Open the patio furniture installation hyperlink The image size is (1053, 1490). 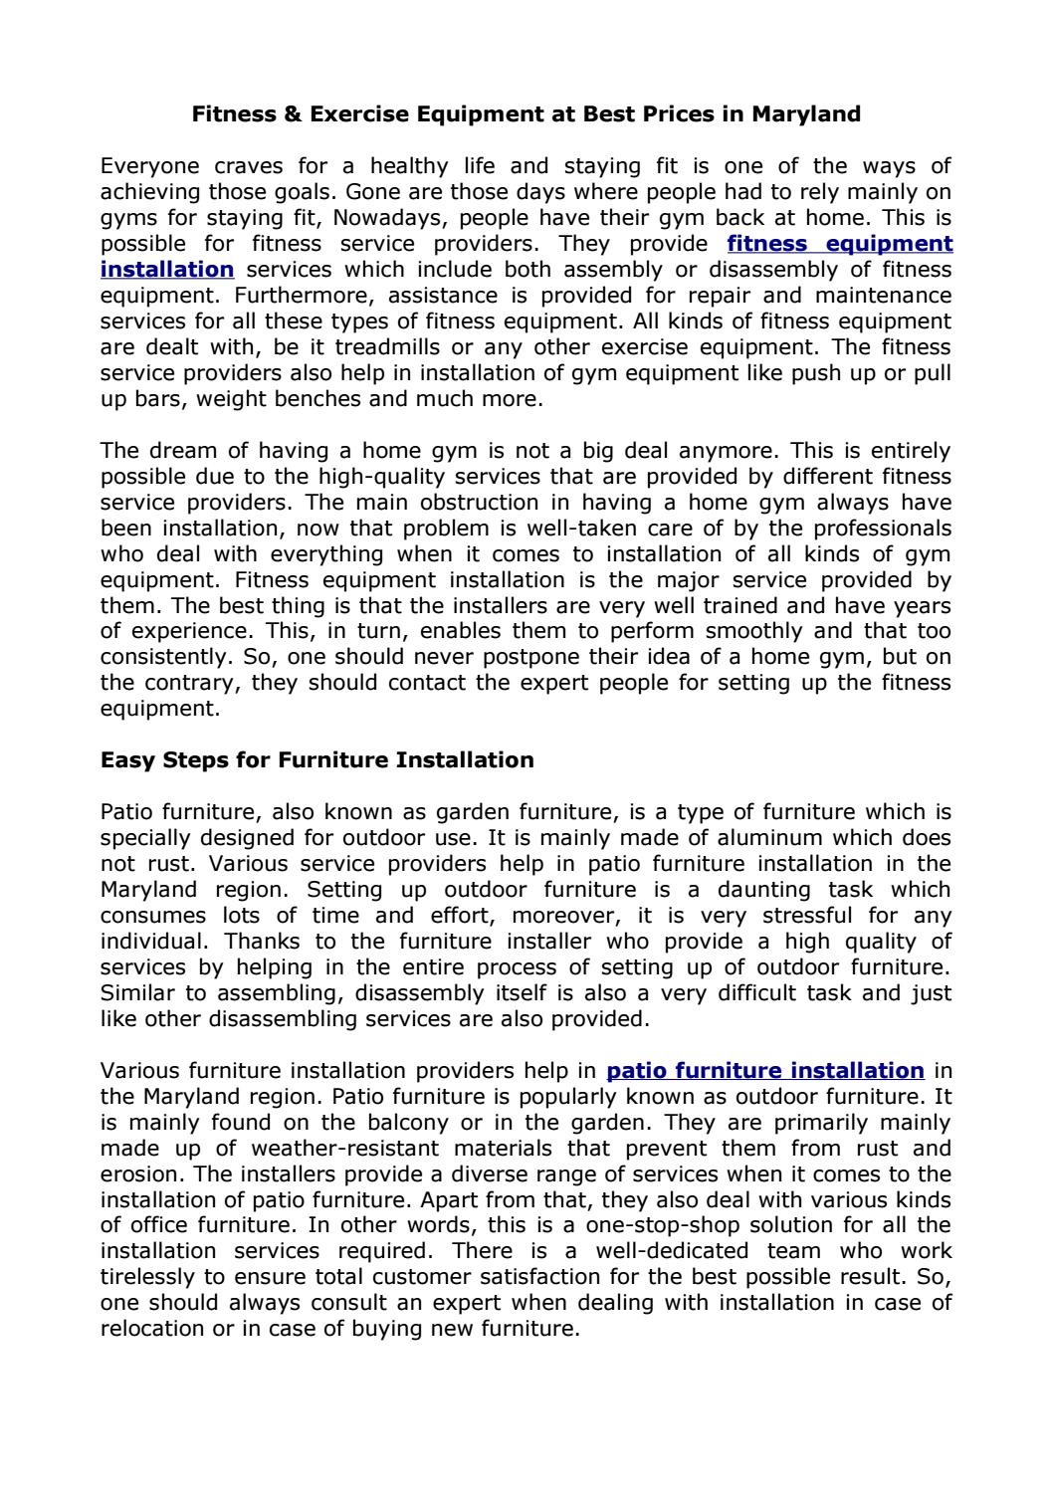tap(764, 1071)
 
